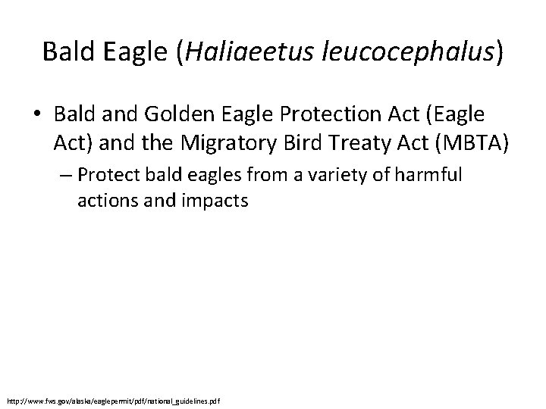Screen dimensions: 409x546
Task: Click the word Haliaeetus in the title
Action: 231,52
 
